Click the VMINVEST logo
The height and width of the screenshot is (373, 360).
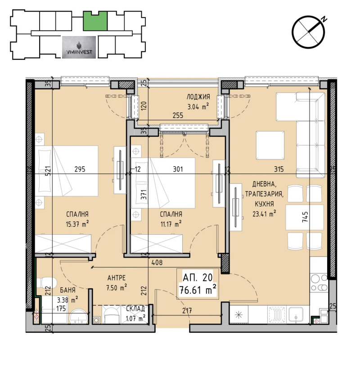[x=78, y=47]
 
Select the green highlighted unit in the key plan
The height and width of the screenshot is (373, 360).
[x=95, y=21]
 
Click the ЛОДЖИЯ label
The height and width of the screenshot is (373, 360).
[x=198, y=97]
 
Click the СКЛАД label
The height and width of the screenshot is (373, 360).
[x=135, y=309]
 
